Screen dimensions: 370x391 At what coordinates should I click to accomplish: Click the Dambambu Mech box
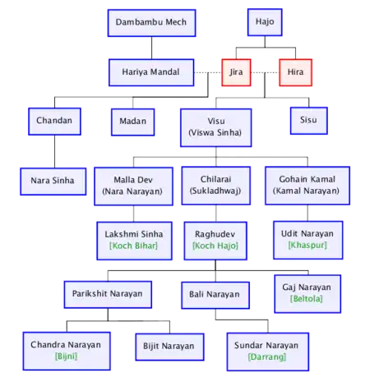151,23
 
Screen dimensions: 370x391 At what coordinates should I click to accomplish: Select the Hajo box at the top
265,22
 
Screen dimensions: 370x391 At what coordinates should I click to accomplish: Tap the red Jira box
236,72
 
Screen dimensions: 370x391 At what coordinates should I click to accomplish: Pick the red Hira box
295,72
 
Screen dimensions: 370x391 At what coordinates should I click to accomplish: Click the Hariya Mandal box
151,72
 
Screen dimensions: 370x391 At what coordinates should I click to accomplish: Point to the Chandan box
54,122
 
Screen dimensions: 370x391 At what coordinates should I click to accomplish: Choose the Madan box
133,122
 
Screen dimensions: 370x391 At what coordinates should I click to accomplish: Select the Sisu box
309,121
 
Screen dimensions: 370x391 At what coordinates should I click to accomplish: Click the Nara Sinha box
53,182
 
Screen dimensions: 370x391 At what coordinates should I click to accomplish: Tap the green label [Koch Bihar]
134,246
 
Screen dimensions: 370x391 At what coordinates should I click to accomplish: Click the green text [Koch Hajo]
215,246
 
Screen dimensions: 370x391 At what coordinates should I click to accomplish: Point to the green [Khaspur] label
308,245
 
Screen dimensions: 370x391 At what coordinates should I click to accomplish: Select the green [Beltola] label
307,299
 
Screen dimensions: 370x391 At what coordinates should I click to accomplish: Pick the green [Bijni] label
66,356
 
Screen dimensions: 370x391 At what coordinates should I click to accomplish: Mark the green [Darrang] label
267,357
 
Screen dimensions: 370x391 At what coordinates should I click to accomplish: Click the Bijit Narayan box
169,347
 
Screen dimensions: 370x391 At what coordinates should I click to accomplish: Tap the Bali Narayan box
215,295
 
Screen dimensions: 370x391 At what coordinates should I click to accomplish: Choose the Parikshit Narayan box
108,295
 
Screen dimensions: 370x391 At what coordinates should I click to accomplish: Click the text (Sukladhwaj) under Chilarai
215,191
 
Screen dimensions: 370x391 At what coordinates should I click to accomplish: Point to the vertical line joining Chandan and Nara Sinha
54,151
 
